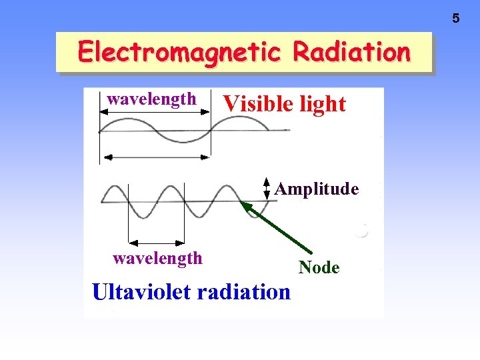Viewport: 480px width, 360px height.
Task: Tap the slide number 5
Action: pyautogui.click(x=456, y=19)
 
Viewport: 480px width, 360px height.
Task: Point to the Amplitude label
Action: pyautogui.click(x=317, y=189)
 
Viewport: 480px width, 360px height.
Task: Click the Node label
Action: pyautogui.click(x=319, y=267)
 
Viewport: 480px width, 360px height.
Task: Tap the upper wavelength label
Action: pyautogui.click(x=152, y=99)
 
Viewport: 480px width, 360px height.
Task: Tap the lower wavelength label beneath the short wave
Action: pyautogui.click(x=157, y=257)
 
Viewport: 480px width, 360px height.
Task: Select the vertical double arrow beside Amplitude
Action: pyautogui.click(x=266, y=189)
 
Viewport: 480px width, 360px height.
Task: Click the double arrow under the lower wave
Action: pyautogui.click(x=156, y=241)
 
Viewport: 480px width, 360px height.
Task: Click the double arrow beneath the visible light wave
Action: pyautogui.click(x=155, y=157)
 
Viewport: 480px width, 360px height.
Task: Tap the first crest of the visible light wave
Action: pyautogui.click(x=127, y=120)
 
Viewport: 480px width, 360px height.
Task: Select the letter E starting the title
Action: pyautogui.click(x=85, y=52)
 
